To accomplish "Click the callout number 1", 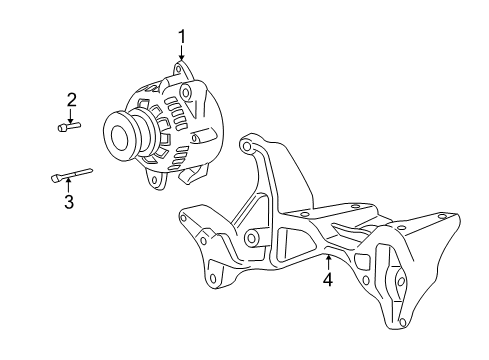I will (182, 37).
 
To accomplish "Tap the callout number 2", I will (72, 99).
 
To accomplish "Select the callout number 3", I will (69, 203).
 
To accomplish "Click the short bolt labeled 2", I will (70, 126).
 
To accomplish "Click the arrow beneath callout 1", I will (182, 55).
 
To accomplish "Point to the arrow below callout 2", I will (72, 114).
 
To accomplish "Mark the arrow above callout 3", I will (69, 187).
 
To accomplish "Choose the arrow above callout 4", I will (327, 264).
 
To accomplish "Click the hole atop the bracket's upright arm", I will (246, 147).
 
